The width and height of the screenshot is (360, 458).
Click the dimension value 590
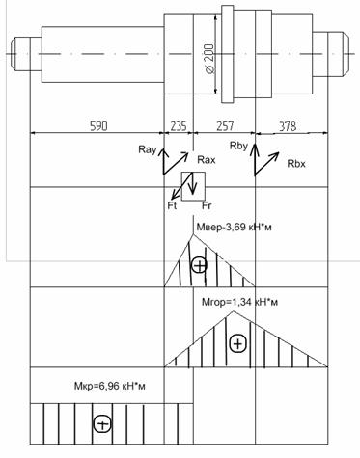[x=98, y=126]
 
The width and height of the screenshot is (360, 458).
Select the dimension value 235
[x=179, y=126]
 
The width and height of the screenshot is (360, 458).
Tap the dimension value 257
[x=225, y=126]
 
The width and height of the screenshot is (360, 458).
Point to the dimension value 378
[x=288, y=126]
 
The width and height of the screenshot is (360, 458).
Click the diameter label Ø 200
[x=209, y=58]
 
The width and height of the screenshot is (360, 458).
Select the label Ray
[x=148, y=149]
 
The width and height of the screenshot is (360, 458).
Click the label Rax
[x=207, y=160]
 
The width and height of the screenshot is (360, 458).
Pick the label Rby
[x=238, y=146]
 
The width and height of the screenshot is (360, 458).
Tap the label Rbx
[x=296, y=164]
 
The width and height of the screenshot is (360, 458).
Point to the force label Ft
[x=172, y=205]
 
